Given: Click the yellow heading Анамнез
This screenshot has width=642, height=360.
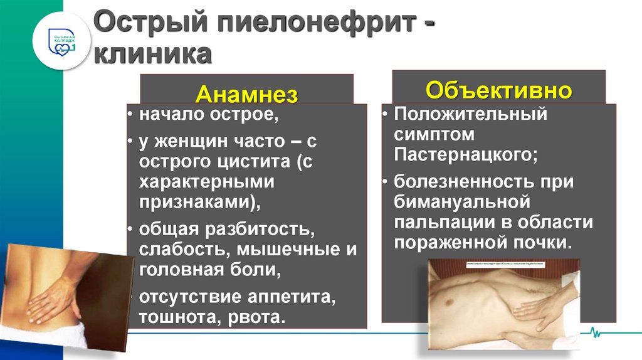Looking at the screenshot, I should tap(246, 93).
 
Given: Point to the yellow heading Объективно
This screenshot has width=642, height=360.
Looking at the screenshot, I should tap(498, 90).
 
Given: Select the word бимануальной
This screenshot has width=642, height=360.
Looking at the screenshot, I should tap(463, 202).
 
